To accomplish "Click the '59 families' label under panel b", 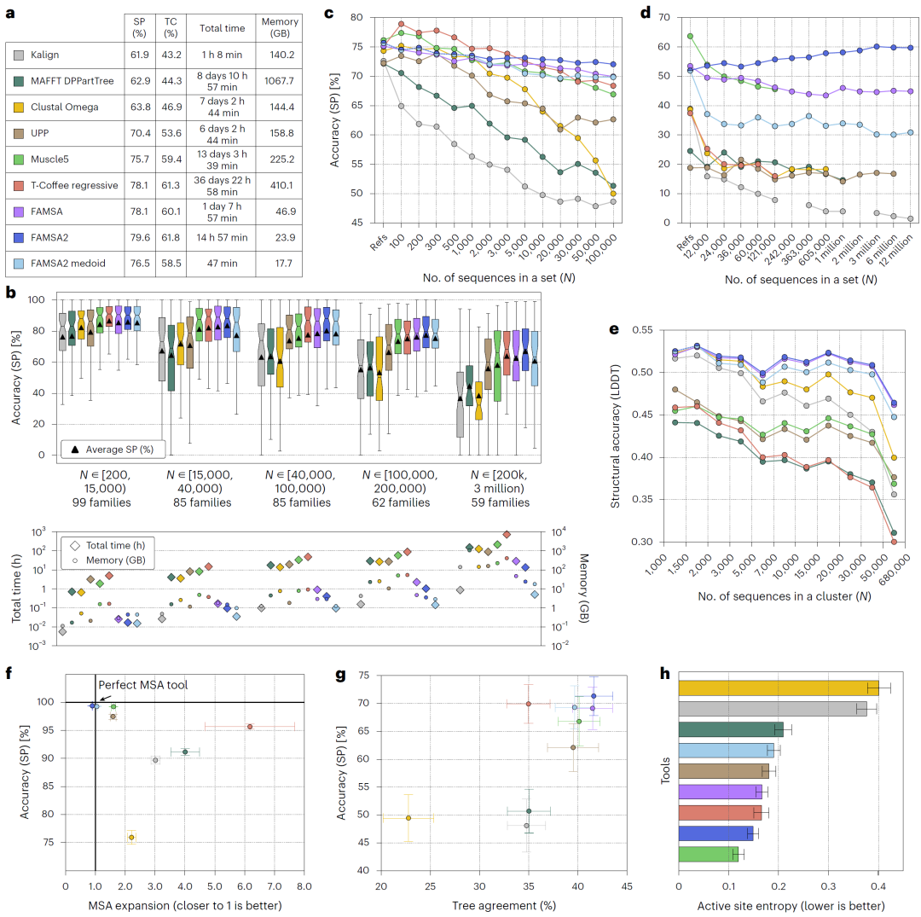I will (x=495, y=502).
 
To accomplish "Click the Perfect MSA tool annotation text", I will (x=142, y=684).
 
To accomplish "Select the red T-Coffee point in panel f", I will (x=250, y=727).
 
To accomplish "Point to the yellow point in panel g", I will (x=408, y=818).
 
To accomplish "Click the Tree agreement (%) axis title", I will (x=493, y=905).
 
